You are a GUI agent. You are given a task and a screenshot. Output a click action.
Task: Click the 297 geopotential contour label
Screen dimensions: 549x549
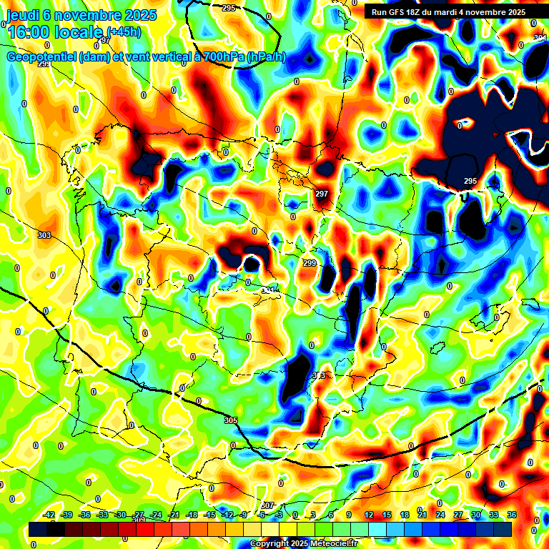click(322, 194)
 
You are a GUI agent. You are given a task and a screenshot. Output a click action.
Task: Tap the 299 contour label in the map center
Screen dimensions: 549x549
click(310, 264)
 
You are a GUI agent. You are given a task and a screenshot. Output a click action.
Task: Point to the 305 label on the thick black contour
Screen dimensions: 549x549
click(230, 420)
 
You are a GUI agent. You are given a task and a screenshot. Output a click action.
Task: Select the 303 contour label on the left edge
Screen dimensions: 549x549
click(44, 235)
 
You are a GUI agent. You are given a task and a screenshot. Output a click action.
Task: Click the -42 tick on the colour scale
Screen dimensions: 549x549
click(49, 515)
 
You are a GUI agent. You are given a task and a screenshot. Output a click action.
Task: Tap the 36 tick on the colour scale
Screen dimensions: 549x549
click(512, 515)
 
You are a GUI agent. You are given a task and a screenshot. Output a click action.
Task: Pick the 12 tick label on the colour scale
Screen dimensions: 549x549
click(369, 515)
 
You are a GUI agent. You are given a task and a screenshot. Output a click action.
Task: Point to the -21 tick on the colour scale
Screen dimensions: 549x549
click(174, 515)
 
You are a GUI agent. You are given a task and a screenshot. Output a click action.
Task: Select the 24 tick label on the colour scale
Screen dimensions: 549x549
click(440, 515)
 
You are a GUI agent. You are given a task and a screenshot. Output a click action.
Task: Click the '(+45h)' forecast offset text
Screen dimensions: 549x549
click(124, 32)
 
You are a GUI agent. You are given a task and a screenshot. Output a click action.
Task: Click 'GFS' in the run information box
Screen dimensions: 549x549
click(400, 12)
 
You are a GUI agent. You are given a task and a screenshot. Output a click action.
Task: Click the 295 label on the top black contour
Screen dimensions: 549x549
click(229, 8)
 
